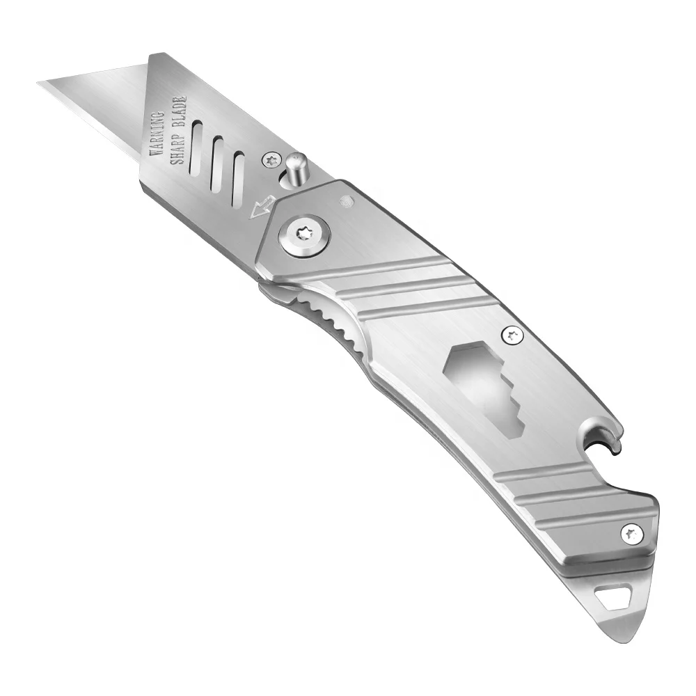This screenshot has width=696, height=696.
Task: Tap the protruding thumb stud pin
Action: [x=298, y=167]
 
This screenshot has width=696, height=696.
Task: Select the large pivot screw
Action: [x=302, y=234]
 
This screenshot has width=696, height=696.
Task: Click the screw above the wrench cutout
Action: [x=514, y=335]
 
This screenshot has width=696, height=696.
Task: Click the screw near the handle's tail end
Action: [x=631, y=535]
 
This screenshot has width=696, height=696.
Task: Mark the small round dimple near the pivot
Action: [x=345, y=202]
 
